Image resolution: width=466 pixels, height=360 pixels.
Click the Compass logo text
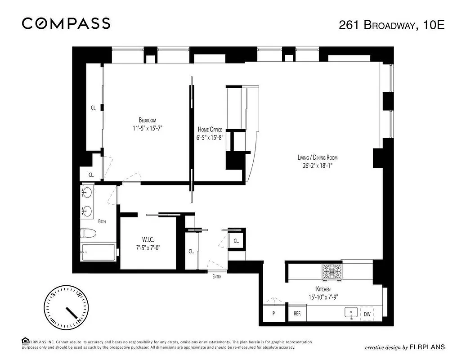click(x=66, y=23)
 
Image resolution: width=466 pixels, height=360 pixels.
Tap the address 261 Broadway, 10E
click(x=391, y=25)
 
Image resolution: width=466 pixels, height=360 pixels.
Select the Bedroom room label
click(x=147, y=120)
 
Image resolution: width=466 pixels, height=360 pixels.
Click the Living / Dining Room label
click(x=317, y=157)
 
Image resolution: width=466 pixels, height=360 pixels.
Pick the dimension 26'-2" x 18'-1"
click(x=317, y=165)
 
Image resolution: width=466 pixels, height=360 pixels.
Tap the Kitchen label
click(x=323, y=289)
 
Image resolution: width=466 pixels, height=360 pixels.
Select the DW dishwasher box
click(x=367, y=314)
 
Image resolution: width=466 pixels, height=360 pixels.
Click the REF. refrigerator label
click(x=297, y=314)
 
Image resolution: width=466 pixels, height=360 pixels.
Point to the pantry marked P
click(x=273, y=314)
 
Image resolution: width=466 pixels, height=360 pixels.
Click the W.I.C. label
click(x=148, y=238)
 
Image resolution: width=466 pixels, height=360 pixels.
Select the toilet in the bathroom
click(x=88, y=233)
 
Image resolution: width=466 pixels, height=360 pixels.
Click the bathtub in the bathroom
click(x=98, y=253)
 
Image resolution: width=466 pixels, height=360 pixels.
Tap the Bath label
click(x=102, y=221)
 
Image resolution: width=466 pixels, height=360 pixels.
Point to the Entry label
click(x=217, y=277)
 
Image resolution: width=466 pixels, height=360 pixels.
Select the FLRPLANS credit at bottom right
click(x=404, y=347)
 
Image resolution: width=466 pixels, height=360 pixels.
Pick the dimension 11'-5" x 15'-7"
click(x=147, y=128)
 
